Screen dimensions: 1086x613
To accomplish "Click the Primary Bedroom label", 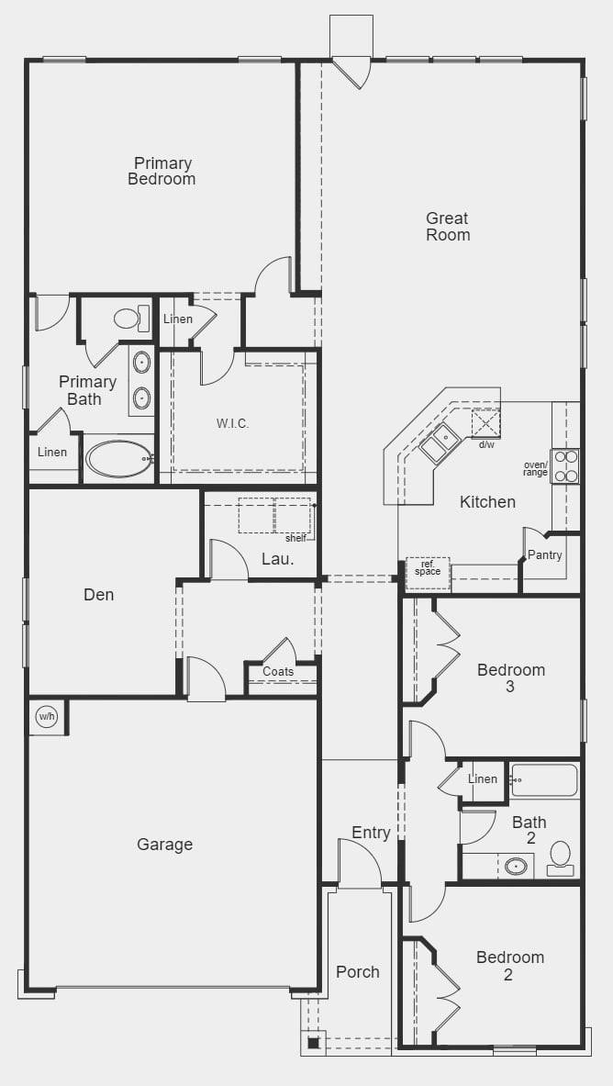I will pyautogui.click(x=162, y=172).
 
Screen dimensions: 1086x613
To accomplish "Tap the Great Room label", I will pyautogui.click(x=448, y=227).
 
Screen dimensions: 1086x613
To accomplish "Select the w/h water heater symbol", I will pyautogui.click(x=45, y=716).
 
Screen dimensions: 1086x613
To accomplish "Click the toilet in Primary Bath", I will pyautogui.click(x=129, y=319).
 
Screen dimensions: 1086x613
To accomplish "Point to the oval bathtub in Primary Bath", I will pyautogui.click(x=118, y=459).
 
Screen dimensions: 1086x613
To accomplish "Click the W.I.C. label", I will pyautogui.click(x=232, y=423).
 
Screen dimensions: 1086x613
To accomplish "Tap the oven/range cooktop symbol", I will pyautogui.click(x=564, y=465).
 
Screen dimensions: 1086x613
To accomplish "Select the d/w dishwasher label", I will pyautogui.click(x=486, y=444).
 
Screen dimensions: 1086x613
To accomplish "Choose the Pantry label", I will pyautogui.click(x=545, y=555).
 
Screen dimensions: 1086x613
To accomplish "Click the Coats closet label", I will pyautogui.click(x=278, y=672).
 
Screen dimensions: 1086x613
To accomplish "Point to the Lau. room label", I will pyautogui.click(x=277, y=558).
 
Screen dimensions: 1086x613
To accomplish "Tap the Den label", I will pyautogui.click(x=99, y=595).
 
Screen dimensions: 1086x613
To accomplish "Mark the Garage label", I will pyautogui.click(x=165, y=845).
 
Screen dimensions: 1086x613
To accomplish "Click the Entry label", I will pyautogui.click(x=371, y=833).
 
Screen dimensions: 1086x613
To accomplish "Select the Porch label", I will pyautogui.click(x=358, y=972).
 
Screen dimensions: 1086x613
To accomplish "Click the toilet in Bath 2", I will pyautogui.click(x=560, y=857).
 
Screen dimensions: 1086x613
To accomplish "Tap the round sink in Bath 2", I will pyautogui.click(x=517, y=866).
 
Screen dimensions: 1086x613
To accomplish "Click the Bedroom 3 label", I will pyautogui.click(x=511, y=677).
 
